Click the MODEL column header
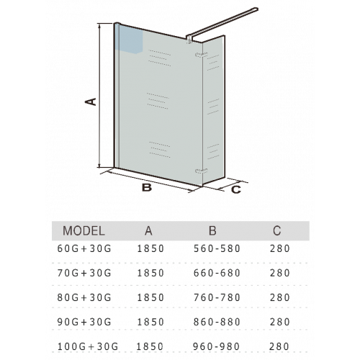click(x=84, y=231)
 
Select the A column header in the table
click(x=148, y=231)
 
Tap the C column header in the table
click(x=276, y=231)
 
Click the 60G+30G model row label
click(x=84, y=248)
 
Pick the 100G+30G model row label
click(x=88, y=346)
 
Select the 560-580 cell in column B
click(x=217, y=248)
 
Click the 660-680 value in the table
click(x=217, y=273)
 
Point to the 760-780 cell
click(x=217, y=297)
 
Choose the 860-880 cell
click(x=217, y=322)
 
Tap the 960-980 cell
click(x=216, y=346)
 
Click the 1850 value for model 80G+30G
click(x=150, y=297)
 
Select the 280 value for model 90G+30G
click(x=280, y=322)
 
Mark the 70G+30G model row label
click(x=84, y=273)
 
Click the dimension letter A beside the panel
click(x=91, y=102)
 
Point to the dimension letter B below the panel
click(x=147, y=187)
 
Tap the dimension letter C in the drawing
click(x=236, y=189)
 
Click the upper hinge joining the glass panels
click(x=202, y=55)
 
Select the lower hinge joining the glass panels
click(x=202, y=171)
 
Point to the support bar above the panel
click(x=222, y=24)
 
